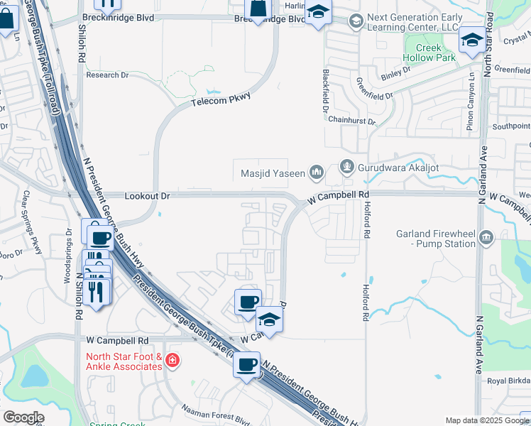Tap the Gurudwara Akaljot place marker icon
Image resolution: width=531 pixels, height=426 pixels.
click(347, 168)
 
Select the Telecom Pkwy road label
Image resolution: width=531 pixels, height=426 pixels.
click(221, 103)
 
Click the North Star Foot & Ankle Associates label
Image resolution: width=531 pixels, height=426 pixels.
click(124, 361)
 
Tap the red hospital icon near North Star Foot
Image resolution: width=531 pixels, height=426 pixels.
click(172, 362)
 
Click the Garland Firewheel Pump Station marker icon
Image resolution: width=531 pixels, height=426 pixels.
click(486, 237)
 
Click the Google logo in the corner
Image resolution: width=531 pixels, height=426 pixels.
click(24, 417)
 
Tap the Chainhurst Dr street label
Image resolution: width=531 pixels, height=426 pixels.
click(351, 122)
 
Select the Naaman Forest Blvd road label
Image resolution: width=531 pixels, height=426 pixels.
click(212, 410)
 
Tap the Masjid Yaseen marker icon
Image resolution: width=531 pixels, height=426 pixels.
click(317, 173)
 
